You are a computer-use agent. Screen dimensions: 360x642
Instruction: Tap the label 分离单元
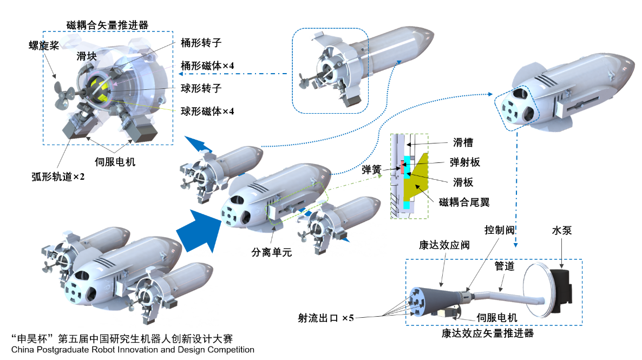pos(272,252)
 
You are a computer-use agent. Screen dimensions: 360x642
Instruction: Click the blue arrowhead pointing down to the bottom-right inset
pos(515,245)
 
